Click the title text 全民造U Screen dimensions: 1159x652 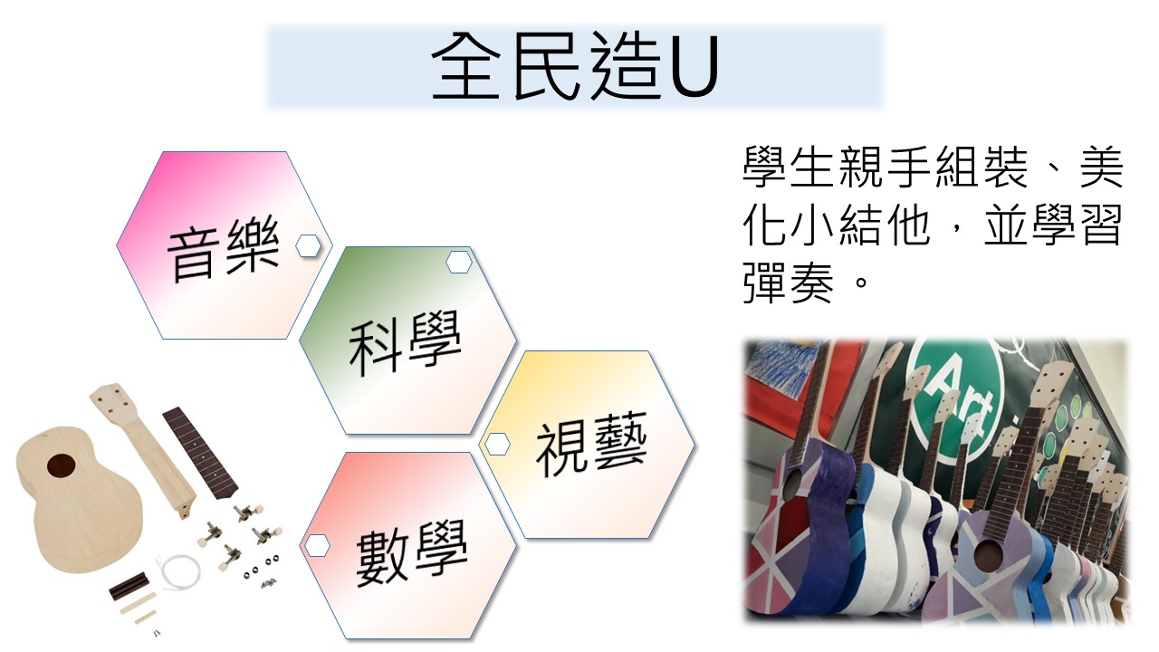574,66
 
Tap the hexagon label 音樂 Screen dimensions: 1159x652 224,248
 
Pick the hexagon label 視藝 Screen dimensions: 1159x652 591,444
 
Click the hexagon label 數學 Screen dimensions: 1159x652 412,551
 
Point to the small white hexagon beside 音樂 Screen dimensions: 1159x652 309,245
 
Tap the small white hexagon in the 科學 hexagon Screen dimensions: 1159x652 459,262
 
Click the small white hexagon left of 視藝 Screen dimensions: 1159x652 497,445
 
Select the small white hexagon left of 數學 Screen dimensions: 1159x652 317,545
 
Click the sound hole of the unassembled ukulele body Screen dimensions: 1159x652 61,465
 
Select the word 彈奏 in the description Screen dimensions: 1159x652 788,283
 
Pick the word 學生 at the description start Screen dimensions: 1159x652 788,167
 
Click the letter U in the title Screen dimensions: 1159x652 694,67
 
